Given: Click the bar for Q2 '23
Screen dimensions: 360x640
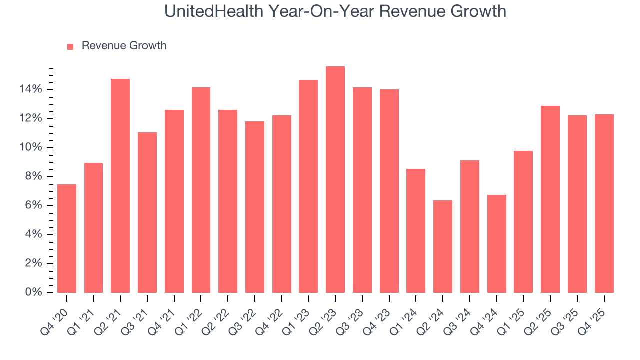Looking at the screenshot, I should (335, 180).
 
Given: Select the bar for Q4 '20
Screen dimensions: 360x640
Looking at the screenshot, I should (67, 239).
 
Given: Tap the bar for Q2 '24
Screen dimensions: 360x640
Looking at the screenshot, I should (442, 247).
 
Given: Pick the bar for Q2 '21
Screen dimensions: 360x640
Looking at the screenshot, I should (120, 186).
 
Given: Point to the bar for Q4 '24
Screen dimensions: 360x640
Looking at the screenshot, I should (496, 244).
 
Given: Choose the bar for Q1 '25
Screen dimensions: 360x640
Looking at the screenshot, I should (523, 222).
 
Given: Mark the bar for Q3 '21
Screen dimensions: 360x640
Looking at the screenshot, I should (147, 213).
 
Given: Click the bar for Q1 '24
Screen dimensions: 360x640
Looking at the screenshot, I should (416, 231).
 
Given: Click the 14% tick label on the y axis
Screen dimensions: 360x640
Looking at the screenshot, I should (30, 90).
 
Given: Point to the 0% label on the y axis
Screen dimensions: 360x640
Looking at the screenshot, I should (33, 293).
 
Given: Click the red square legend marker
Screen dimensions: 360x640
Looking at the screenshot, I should (70, 46).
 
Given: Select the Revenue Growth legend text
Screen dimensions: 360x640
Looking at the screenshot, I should (124, 46).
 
